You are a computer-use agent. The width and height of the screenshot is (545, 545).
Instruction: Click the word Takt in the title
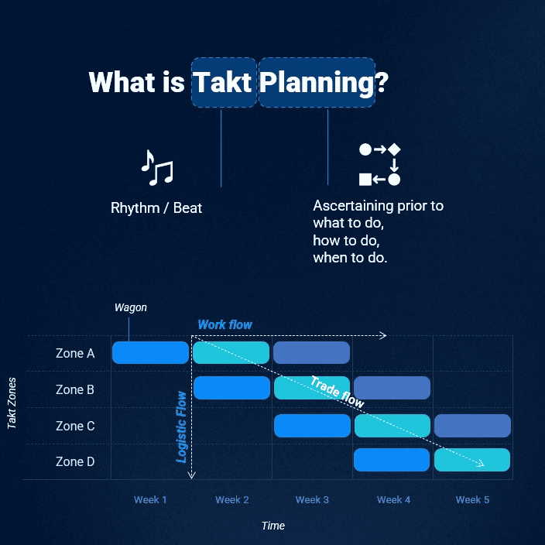point(222,82)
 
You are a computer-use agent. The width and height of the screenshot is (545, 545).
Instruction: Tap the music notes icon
point(156,168)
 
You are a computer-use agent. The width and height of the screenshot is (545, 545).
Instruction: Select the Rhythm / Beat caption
point(156,207)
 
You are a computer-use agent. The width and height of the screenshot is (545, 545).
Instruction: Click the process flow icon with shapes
point(379,164)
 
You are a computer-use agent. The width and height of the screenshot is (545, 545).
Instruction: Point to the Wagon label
point(131,307)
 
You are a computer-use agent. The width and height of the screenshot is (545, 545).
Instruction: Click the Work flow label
point(225,324)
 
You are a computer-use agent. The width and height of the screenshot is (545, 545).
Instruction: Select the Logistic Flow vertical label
point(181,427)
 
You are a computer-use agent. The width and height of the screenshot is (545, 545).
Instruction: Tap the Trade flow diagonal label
point(338,392)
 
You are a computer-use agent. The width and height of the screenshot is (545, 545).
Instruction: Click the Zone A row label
point(75,353)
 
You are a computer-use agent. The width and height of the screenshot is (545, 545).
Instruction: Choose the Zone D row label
point(75,461)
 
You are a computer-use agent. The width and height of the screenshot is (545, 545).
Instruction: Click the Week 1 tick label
point(150,500)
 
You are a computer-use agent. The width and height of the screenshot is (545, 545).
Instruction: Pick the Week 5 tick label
point(472,500)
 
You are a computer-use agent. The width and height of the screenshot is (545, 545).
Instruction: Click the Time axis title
point(273,526)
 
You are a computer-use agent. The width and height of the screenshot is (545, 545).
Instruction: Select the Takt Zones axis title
point(12,403)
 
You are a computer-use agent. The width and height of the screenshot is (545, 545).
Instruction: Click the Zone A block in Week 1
point(150,352)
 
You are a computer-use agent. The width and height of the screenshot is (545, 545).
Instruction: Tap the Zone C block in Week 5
point(472,426)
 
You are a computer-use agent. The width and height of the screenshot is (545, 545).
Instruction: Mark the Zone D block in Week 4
point(392,460)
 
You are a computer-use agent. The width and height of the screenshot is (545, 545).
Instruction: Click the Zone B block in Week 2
point(231,388)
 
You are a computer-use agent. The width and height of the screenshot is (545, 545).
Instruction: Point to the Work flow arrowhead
point(383,335)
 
